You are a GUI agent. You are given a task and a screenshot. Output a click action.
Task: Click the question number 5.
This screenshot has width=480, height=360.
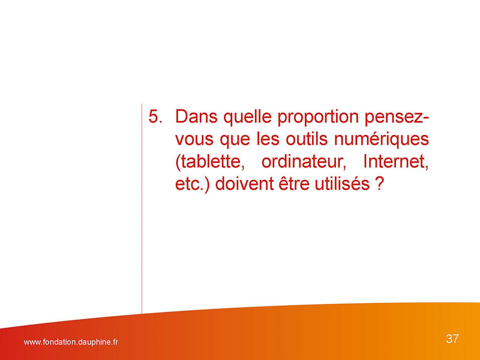[x=155, y=116]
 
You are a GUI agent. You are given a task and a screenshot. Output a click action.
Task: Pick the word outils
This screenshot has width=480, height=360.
[x=307, y=139]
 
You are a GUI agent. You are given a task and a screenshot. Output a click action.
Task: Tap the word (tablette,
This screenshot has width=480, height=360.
[x=210, y=162]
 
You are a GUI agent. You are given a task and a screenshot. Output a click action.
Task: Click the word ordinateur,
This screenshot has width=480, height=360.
[x=304, y=161]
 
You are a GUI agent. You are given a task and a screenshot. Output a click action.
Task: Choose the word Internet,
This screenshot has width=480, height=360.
[x=396, y=161]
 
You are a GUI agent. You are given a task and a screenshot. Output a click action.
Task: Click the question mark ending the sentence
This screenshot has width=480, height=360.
[x=379, y=184]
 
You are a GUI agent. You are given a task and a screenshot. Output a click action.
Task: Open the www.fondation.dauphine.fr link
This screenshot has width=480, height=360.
[x=71, y=342]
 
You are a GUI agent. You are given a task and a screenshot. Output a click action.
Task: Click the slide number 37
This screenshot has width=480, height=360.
[x=452, y=339]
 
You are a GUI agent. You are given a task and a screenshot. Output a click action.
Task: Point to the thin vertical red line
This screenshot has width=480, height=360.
[x=142, y=209]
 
